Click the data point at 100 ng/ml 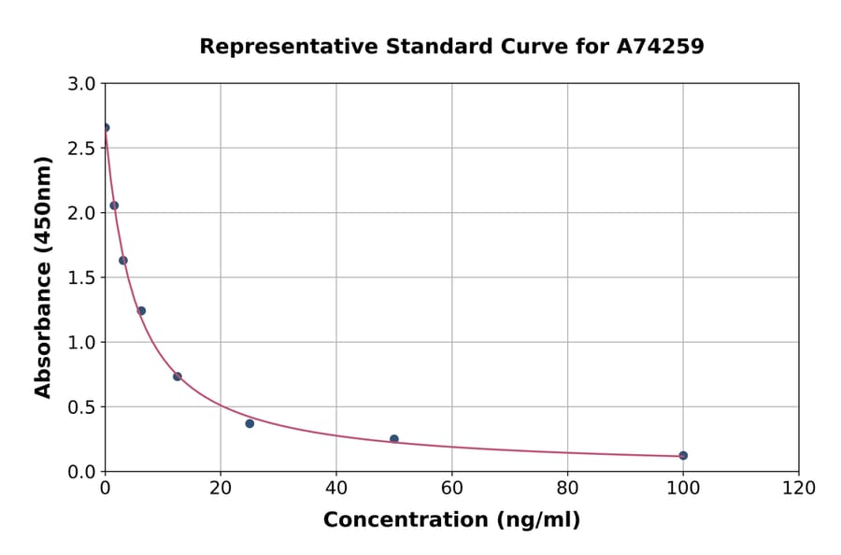tap(683, 456)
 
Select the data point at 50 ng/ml tap(394, 439)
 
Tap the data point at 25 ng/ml tap(249, 423)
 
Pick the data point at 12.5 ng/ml tap(178, 377)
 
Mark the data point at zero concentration tap(106, 128)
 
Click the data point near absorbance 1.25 tap(141, 311)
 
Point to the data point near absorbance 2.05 tap(114, 206)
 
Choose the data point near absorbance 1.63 tap(123, 261)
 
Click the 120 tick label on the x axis tap(799, 489)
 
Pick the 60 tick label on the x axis tap(452, 489)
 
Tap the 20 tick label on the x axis tap(221, 489)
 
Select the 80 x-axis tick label tap(567, 489)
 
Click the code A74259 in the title tap(660, 47)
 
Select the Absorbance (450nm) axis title tap(43, 277)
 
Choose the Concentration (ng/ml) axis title tap(451, 520)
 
